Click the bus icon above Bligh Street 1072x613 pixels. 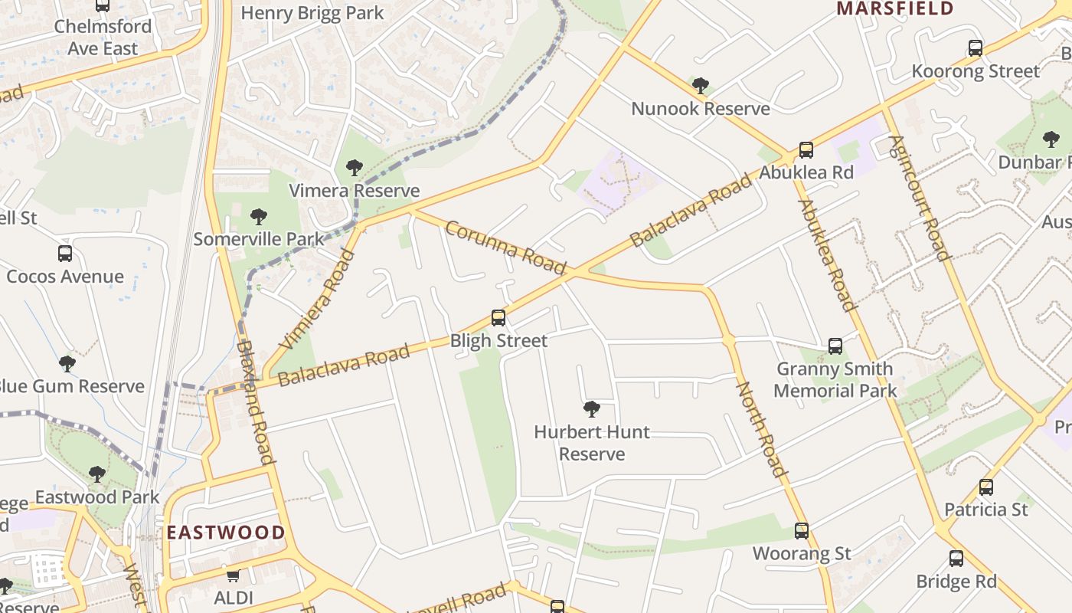pos(498,317)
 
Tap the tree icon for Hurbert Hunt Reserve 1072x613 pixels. pos(591,408)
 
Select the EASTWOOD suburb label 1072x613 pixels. pos(226,533)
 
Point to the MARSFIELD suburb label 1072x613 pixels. pos(894,9)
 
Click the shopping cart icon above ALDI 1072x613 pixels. pos(233,575)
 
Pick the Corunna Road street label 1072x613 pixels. pos(505,247)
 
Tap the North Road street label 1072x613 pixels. pos(760,428)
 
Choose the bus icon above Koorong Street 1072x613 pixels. pos(976,48)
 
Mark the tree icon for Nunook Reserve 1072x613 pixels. pos(700,85)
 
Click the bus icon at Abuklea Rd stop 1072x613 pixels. pos(806,149)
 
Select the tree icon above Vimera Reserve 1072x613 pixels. pos(354,167)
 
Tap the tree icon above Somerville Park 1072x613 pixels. pos(259,216)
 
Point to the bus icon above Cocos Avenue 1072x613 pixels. pos(65,253)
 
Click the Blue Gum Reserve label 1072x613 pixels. pos(72,386)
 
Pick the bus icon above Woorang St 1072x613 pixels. pos(802,530)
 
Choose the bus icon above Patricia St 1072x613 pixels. pos(986,487)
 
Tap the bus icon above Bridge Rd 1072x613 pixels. pos(956,558)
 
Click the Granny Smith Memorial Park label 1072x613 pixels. pos(835,379)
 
